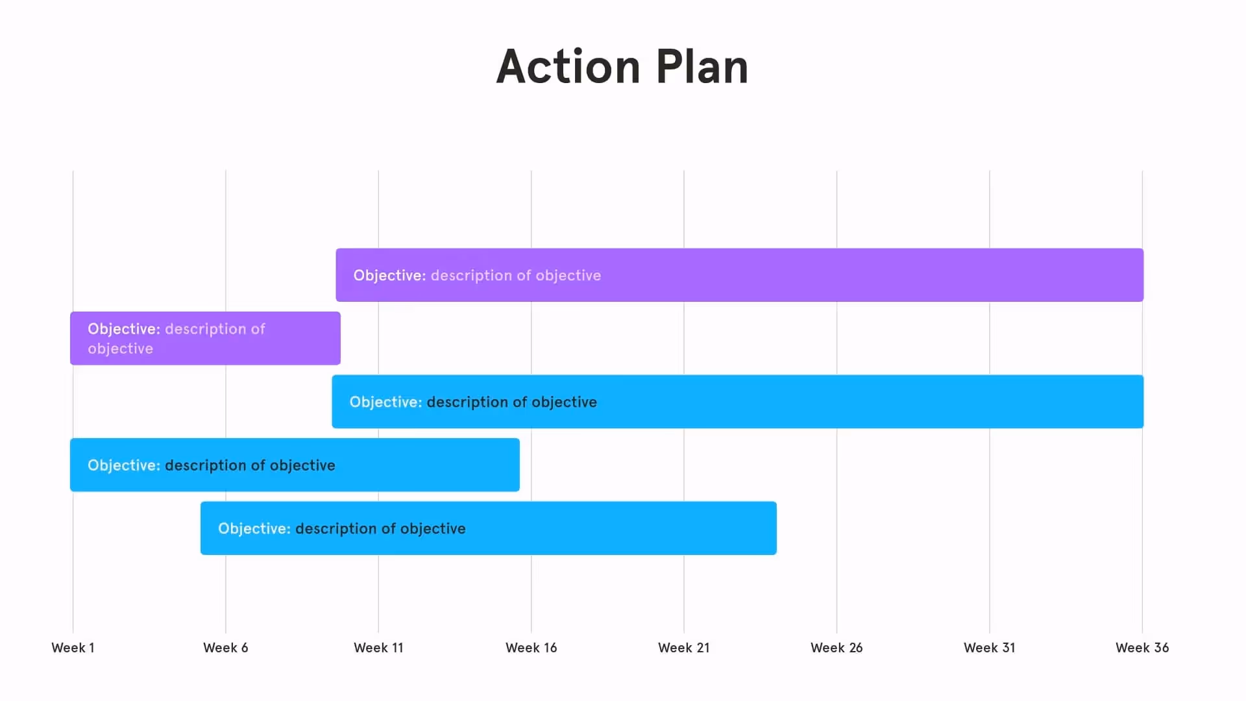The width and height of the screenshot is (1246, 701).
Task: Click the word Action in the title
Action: pyautogui.click(x=568, y=67)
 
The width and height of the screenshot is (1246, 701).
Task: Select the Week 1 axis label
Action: pyautogui.click(x=73, y=648)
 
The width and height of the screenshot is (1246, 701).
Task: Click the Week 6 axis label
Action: pyautogui.click(x=225, y=648)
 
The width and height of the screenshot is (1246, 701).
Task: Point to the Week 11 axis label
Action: pyautogui.click(x=378, y=648)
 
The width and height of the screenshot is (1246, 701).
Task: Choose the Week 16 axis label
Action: pyautogui.click(x=531, y=648)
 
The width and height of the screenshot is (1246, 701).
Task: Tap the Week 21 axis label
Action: pyautogui.click(x=683, y=648)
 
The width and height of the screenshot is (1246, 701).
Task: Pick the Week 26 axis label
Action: pyautogui.click(x=837, y=648)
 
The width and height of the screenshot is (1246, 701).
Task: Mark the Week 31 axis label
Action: pyautogui.click(x=989, y=648)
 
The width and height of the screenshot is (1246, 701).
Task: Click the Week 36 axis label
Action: pyautogui.click(x=1142, y=648)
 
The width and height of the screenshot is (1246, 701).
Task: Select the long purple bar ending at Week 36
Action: pyautogui.click(x=844, y=275)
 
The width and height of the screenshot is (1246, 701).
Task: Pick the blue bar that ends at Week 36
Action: pyautogui.click(x=844, y=402)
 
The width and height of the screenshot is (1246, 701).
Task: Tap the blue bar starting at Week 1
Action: pyautogui.click(x=422, y=465)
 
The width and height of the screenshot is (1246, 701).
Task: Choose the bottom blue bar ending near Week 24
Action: pyautogui.click(x=617, y=528)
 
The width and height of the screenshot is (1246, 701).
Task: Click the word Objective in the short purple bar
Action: pyautogui.click(x=123, y=329)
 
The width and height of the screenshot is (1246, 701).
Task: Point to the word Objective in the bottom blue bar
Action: pyautogui.click(x=254, y=528)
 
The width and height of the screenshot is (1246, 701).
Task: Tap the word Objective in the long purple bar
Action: pyautogui.click(x=389, y=275)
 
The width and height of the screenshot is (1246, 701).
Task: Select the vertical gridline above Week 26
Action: pyautogui.click(x=837, y=208)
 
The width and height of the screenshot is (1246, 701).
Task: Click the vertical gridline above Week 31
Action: pyautogui.click(x=990, y=208)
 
